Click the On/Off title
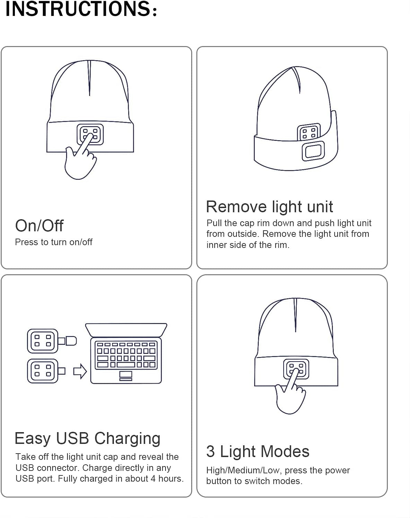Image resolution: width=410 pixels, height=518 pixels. tap(39, 226)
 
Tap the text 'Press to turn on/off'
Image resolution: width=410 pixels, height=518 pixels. tap(54, 242)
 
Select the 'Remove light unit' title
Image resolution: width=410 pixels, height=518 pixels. tap(269, 207)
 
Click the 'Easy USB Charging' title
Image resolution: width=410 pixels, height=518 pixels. tap(87, 438)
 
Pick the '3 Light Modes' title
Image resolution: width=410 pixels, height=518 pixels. tap(258, 452)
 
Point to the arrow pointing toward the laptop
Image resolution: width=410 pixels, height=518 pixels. tap(80, 372)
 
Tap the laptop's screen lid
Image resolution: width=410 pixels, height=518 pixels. tap(126, 330)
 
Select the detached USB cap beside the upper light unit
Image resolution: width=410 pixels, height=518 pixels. tap(70, 341)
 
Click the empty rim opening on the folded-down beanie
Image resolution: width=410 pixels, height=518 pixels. tap(313, 151)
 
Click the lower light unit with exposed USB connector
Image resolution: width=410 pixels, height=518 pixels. tap(43, 371)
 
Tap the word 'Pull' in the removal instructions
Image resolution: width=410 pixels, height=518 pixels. tap(214, 223)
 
